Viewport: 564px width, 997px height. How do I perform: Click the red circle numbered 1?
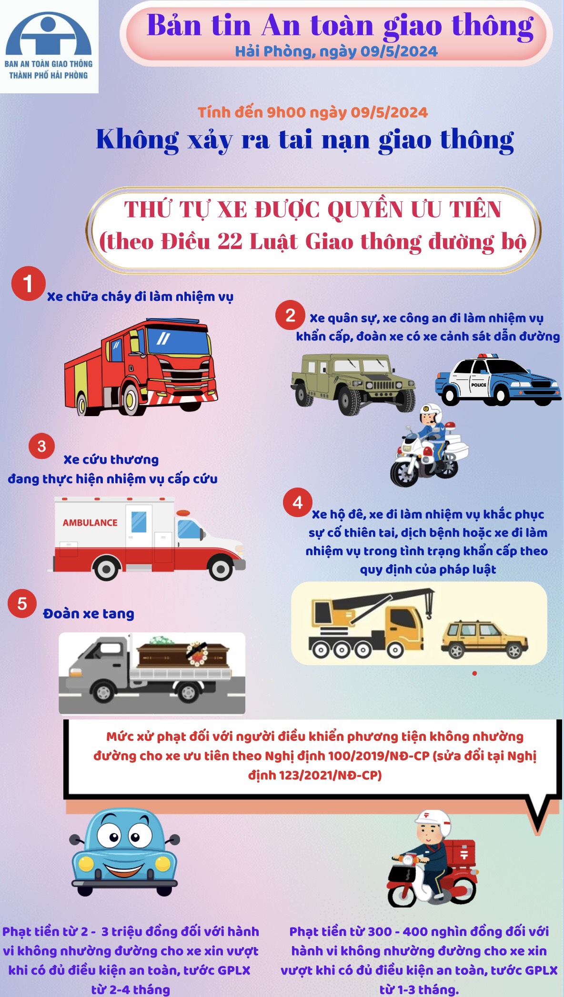pyautogui.click(x=29, y=283)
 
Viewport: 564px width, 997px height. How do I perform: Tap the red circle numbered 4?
pyautogui.click(x=298, y=502)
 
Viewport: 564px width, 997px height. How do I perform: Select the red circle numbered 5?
pyautogui.click(x=22, y=603)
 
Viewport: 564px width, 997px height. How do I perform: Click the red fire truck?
pyautogui.click(x=141, y=367)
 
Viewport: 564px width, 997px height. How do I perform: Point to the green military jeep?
pyautogui.click(x=353, y=383)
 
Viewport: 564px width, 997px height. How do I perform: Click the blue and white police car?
pyautogui.click(x=498, y=380)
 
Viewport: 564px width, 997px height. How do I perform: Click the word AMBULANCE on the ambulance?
pyautogui.click(x=90, y=522)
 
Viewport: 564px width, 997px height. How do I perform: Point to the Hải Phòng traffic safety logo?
pyautogui.click(x=49, y=46)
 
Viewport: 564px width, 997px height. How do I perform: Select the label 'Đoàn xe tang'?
pyautogui.click(x=89, y=614)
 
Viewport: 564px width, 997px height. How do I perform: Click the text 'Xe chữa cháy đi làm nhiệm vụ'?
pyautogui.click(x=140, y=297)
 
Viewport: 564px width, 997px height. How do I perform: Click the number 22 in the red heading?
pyautogui.click(x=230, y=241)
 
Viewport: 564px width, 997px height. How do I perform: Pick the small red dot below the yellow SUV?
pyautogui.click(x=474, y=673)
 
